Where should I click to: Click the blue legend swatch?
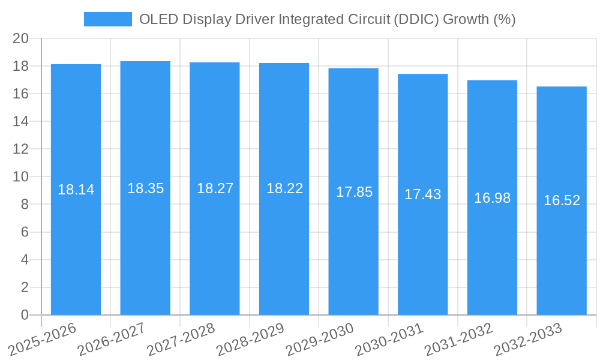point(107,19)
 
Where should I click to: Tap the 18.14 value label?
point(76,190)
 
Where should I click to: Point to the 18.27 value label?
point(215,188)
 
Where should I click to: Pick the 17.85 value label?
point(354,192)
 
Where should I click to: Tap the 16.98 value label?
point(493,198)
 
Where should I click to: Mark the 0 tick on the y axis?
point(25,315)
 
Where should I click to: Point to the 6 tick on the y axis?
point(25,232)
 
